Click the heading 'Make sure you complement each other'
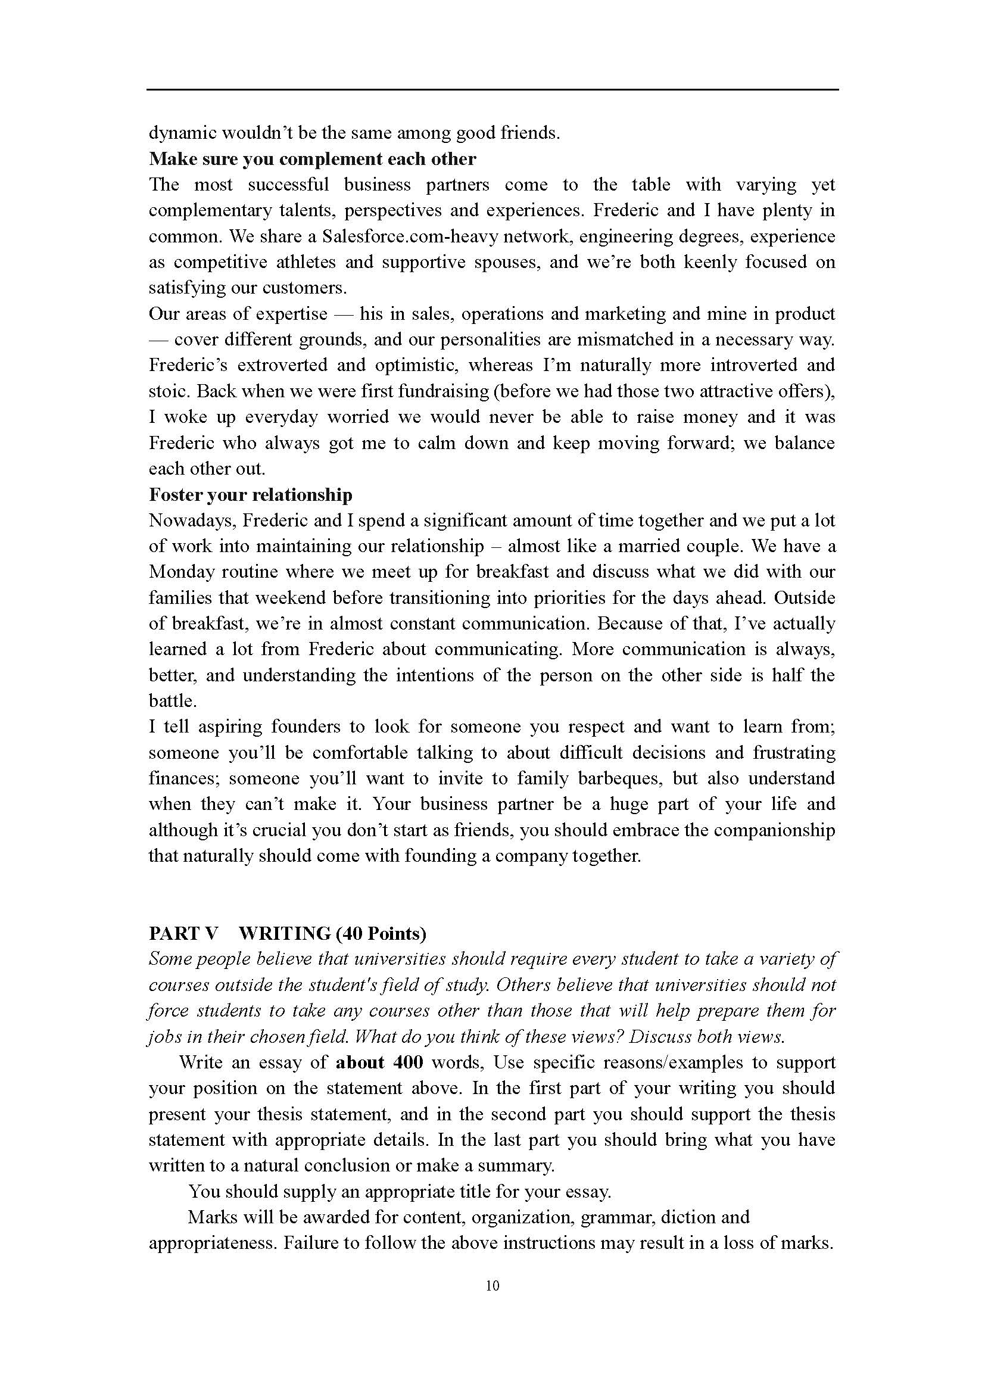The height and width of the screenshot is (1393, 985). (x=313, y=159)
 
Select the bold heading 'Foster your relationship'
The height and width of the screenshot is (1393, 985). (x=251, y=495)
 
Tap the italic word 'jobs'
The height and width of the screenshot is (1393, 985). (x=162, y=1037)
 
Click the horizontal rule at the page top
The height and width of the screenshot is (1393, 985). (x=492, y=91)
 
